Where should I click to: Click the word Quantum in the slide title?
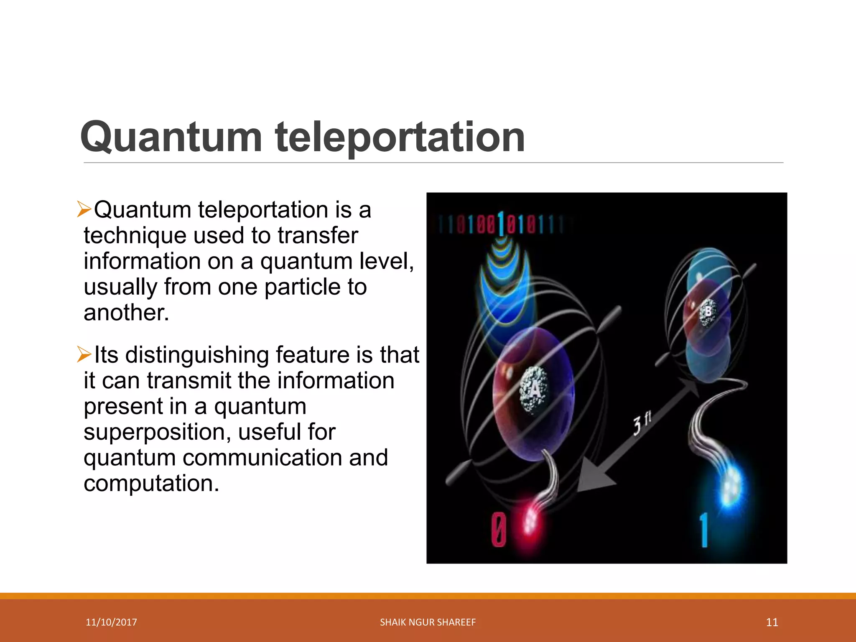pyautogui.click(x=171, y=137)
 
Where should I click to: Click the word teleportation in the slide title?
pyautogui.click(x=400, y=137)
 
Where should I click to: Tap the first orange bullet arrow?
pyautogui.click(x=84, y=209)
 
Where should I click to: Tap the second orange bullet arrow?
pyautogui.click(x=84, y=354)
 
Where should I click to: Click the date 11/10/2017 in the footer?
pyautogui.click(x=111, y=622)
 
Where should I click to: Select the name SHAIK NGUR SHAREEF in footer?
pyautogui.click(x=428, y=622)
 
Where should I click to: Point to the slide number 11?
pyautogui.click(x=772, y=622)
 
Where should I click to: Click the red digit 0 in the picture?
pyautogui.click(x=499, y=530)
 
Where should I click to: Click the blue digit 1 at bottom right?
pyautogui.click(x=704, y=530)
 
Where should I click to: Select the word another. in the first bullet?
pyautogui.click(x=127, y=313)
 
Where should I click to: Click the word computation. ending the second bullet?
pyautogui.click(x=151, y=484)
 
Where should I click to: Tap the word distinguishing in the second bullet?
pyautogui.click(x=197, y=355)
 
